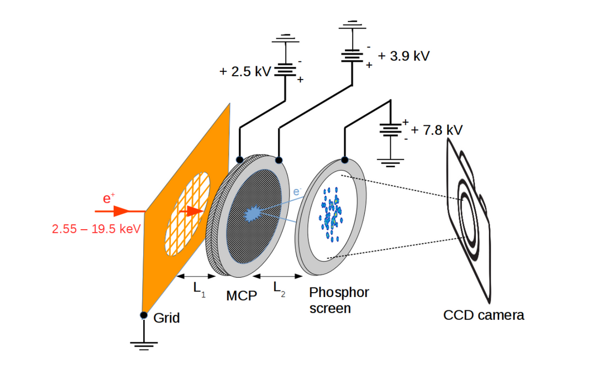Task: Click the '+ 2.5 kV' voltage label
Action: click(245, 72)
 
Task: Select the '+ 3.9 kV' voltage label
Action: click(403, 56)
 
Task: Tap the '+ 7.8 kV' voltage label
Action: click(437, 130)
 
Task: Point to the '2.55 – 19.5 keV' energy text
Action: click(97, 229)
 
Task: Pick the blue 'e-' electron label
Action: click(297, 192)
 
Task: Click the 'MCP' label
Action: click(242, 296)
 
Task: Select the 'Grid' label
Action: click(166, 318)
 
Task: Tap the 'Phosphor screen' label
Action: click(338, 299)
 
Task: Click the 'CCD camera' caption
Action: click(484, 315)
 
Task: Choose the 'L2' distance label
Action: click(278, 288)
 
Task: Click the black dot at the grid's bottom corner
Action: click(144, 315)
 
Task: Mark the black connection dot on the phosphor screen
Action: click(344, 160)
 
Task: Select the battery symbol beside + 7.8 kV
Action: click(391, 130)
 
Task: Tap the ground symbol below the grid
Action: click(144, 346)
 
